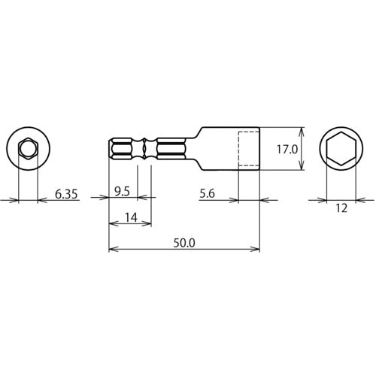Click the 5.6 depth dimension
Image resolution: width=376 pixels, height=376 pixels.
(x=211, y=193)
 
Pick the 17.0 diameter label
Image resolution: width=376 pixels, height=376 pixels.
(x=287, y=150)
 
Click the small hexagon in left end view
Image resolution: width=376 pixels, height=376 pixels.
(x=28, y=149)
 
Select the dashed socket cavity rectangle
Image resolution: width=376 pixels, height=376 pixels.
(x=249, y=150)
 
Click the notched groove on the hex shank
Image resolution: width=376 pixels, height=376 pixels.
(x=144, y=150)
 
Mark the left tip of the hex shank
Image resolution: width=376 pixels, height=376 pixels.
(x=111, y=150)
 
